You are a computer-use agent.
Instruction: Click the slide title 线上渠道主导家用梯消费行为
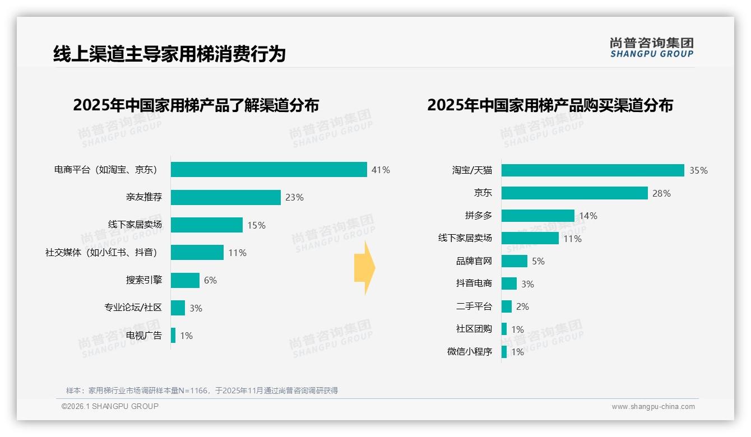click(x=169, y=54)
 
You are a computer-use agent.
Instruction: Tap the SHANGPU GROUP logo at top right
click(x=651, y=48)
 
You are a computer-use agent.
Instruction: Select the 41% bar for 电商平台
click(x=268, y=170)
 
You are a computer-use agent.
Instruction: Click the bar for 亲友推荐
click(x=225, y=197)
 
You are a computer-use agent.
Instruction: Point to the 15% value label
click(x=256, y=225)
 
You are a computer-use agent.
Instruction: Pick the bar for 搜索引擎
click(x=185, y=280)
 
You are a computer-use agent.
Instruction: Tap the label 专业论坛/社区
click(x=133, y=308)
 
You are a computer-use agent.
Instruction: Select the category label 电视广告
click(x=144, y=336)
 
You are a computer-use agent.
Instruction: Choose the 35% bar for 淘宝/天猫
click(x=592, y=170)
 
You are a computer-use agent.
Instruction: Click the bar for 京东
click(x=574, y=193)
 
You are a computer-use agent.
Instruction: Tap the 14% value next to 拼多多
click(x=588, y=216)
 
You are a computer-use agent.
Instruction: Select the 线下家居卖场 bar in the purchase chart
click(x=530, y=238)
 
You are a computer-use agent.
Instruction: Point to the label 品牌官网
click(x=474, y=261)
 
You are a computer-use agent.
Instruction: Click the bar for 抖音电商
click(x=509, y=283)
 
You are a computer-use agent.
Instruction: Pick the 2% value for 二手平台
click(x=522, y=306)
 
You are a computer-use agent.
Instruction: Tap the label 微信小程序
click(x=469, y=352)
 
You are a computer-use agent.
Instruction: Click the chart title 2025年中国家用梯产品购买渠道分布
click(x=550, y=105)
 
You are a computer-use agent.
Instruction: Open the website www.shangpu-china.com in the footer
click(x=653, y=407)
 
